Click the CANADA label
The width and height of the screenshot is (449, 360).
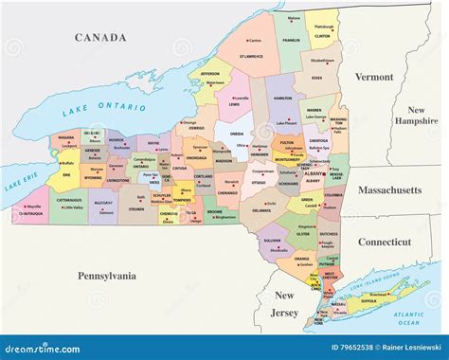(100, 38)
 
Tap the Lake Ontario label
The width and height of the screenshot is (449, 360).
(98, 106)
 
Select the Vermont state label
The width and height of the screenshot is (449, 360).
(373, 77)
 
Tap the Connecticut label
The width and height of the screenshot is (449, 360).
(384, 242)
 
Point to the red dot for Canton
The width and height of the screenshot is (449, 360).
(246, 41)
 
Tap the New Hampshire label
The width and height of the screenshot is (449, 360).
(417, 116)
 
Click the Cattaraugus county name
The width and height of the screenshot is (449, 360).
(66, 201)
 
